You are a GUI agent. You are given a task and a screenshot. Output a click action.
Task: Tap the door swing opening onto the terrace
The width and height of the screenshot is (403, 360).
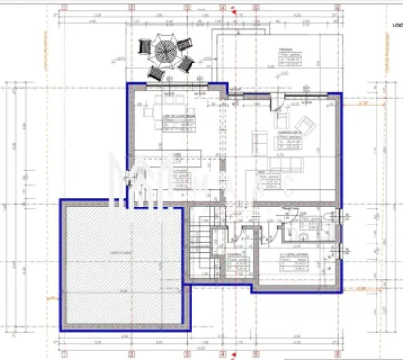[202, 92]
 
